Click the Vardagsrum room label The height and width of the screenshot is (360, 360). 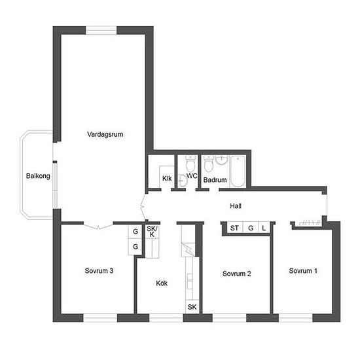coord(105,134)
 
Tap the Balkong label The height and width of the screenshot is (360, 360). coord(38,176)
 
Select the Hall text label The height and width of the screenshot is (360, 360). coord(236,206)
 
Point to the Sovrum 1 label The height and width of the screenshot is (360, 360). coord(303,271)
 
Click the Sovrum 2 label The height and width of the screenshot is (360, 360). coord(237,274)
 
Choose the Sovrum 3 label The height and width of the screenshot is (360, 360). coord(99,271)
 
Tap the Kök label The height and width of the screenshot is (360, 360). coord(162,283)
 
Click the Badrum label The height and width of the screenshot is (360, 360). coord(215,180)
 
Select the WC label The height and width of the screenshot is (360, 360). coord(192,176)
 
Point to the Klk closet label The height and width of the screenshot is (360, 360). coord(167,179)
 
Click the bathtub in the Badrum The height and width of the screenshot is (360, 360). coord(238,171)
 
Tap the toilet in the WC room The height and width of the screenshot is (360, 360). coord(190,163)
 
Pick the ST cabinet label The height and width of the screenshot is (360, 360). coord(234,228)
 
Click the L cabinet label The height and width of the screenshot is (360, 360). coord(264,228)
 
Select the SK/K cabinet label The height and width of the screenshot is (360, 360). coord(152,232)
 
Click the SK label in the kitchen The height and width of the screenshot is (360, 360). coord(192,307)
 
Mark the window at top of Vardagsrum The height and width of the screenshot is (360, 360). coord(101,31)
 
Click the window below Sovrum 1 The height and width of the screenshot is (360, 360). coord(295,318)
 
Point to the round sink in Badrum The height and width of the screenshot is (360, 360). coord(221,160)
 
